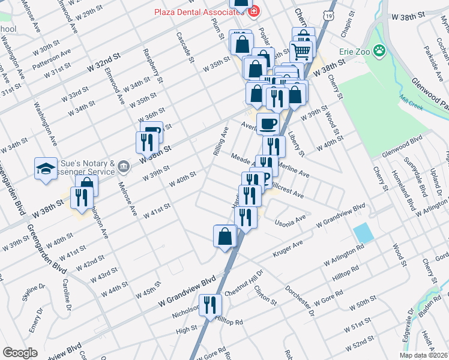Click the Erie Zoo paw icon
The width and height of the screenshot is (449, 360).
pos(379,51)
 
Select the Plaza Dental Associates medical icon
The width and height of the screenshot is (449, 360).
pos(254,11)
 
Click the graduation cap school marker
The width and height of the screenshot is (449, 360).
pos(45,169)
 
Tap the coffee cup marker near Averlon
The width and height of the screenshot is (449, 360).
pos(268,124)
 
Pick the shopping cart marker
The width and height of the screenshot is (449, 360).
pos(301,50)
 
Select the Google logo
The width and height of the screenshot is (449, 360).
pos(20,353)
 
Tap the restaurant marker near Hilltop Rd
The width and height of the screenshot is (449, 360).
pos(210,305)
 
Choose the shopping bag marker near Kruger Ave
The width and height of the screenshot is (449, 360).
pos(224,235)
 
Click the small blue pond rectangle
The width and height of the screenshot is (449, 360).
pos(362,232)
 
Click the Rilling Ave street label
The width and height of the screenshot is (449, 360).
pos(221,142)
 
